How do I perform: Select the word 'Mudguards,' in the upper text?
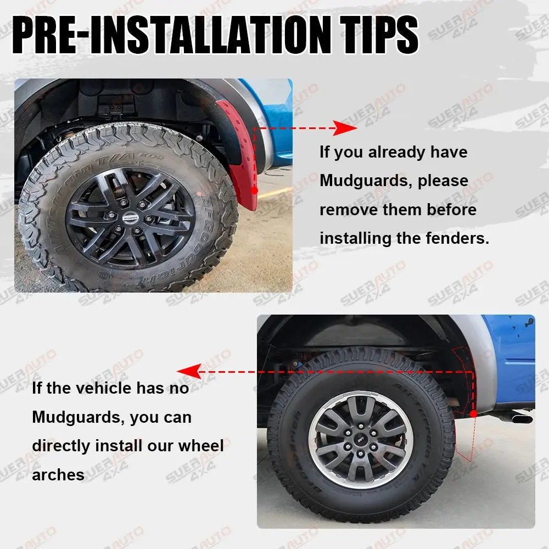(366, 181)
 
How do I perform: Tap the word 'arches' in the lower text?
(58, 474)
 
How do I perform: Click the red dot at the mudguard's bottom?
(254, 190)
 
